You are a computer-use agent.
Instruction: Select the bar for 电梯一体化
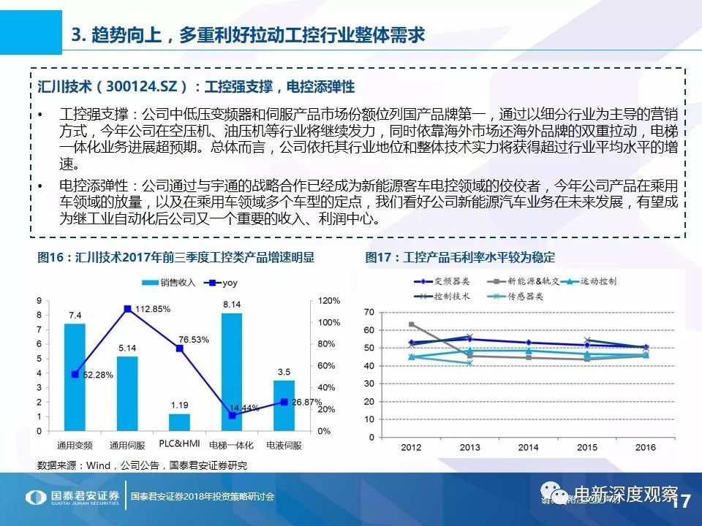coord(232,372)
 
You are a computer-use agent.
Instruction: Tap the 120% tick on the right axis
coord(330,301)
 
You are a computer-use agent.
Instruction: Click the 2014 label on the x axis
coord(528,447)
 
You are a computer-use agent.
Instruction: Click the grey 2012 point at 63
coord(412,324)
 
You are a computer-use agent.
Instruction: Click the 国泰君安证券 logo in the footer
coord(73,497)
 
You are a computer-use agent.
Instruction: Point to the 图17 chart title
coord(460,257)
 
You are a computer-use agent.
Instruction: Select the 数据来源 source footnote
coord(142,465)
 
